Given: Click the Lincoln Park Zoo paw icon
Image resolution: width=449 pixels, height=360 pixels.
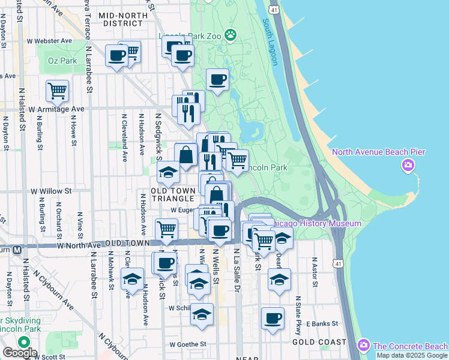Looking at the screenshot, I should pyautogui.click(x=229, y=35).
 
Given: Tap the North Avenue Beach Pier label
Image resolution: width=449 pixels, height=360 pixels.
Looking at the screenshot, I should pyautogui.click(x=379, y=152).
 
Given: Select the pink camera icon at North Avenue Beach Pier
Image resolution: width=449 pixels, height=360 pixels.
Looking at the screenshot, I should pyautogui.click(x=408, y=165).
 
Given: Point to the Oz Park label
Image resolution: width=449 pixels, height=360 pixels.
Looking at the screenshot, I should pyautogui.click(x=63, y=61).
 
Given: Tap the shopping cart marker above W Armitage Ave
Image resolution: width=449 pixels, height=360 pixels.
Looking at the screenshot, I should pyautogui.click(x=57, y=91).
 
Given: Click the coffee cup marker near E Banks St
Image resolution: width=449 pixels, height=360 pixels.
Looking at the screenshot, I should pyautogui.click(x=273, y=318).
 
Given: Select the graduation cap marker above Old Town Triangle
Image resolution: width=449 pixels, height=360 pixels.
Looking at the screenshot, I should pyautogui.click(x=168, y=173).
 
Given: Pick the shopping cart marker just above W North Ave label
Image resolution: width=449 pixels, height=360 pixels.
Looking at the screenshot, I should pyautogui.click(x=166, y=229).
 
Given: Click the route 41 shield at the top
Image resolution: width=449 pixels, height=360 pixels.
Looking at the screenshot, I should pyautogui.click(x=274, y=10).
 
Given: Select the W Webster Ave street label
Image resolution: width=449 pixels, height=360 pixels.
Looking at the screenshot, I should pyautogui.click(x=50, y=41).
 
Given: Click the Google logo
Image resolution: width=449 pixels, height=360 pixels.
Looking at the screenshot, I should pyautogui.click(x=19, y=353).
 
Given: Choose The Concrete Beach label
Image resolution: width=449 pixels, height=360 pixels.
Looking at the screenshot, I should pyautogui.click(x=409, y=346).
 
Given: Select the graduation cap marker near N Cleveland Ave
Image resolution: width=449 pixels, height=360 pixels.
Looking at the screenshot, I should pyautogui.click(x=132, y=279).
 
